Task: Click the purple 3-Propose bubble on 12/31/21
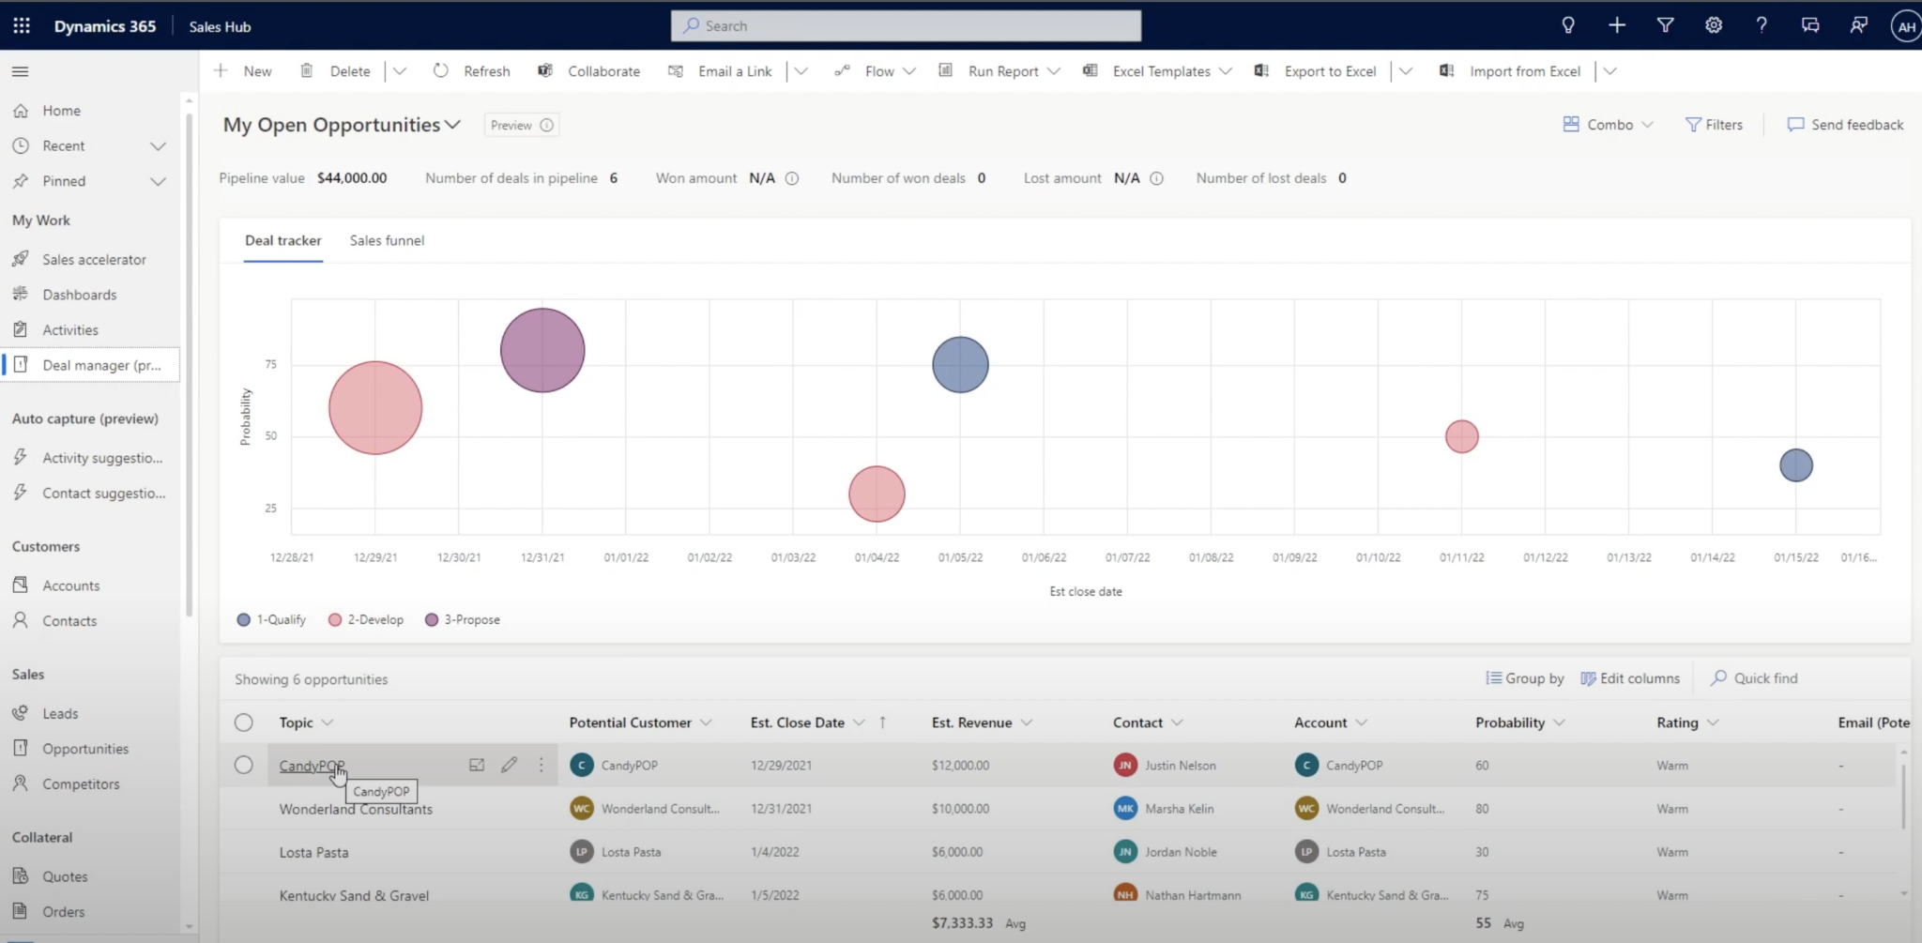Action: (542, 350)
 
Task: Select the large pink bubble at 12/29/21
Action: (375, 408)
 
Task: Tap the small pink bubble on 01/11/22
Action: (1461, 436)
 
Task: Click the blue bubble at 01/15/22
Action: (1795, 465)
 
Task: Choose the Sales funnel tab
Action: (387, 240)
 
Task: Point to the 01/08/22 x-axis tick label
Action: (1211, 557)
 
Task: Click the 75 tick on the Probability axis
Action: (270, 364)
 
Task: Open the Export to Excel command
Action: (1329, 71)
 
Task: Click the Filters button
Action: (1714, 125)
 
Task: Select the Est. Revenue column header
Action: (971, 722)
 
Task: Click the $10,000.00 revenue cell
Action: (960, 809)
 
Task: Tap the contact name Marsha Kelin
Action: (1179, 809)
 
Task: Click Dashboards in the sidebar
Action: (79, 295)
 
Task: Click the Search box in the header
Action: (906, 26)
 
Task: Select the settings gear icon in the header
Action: (1713, 26)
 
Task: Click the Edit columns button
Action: (1630, 678)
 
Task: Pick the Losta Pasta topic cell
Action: (313, 852)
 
